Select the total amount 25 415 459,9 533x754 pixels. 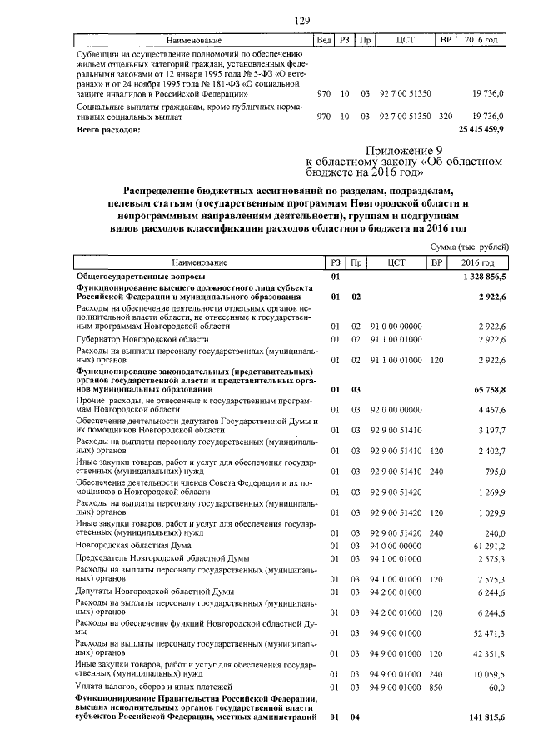[x=481, y=130]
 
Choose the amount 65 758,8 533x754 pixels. [x=488, y=388]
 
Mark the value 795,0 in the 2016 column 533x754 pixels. [x=495, y=472]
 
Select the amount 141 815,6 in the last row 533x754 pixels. [x=486, y=718]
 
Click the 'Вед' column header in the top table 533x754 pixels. [x=321, y=40]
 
